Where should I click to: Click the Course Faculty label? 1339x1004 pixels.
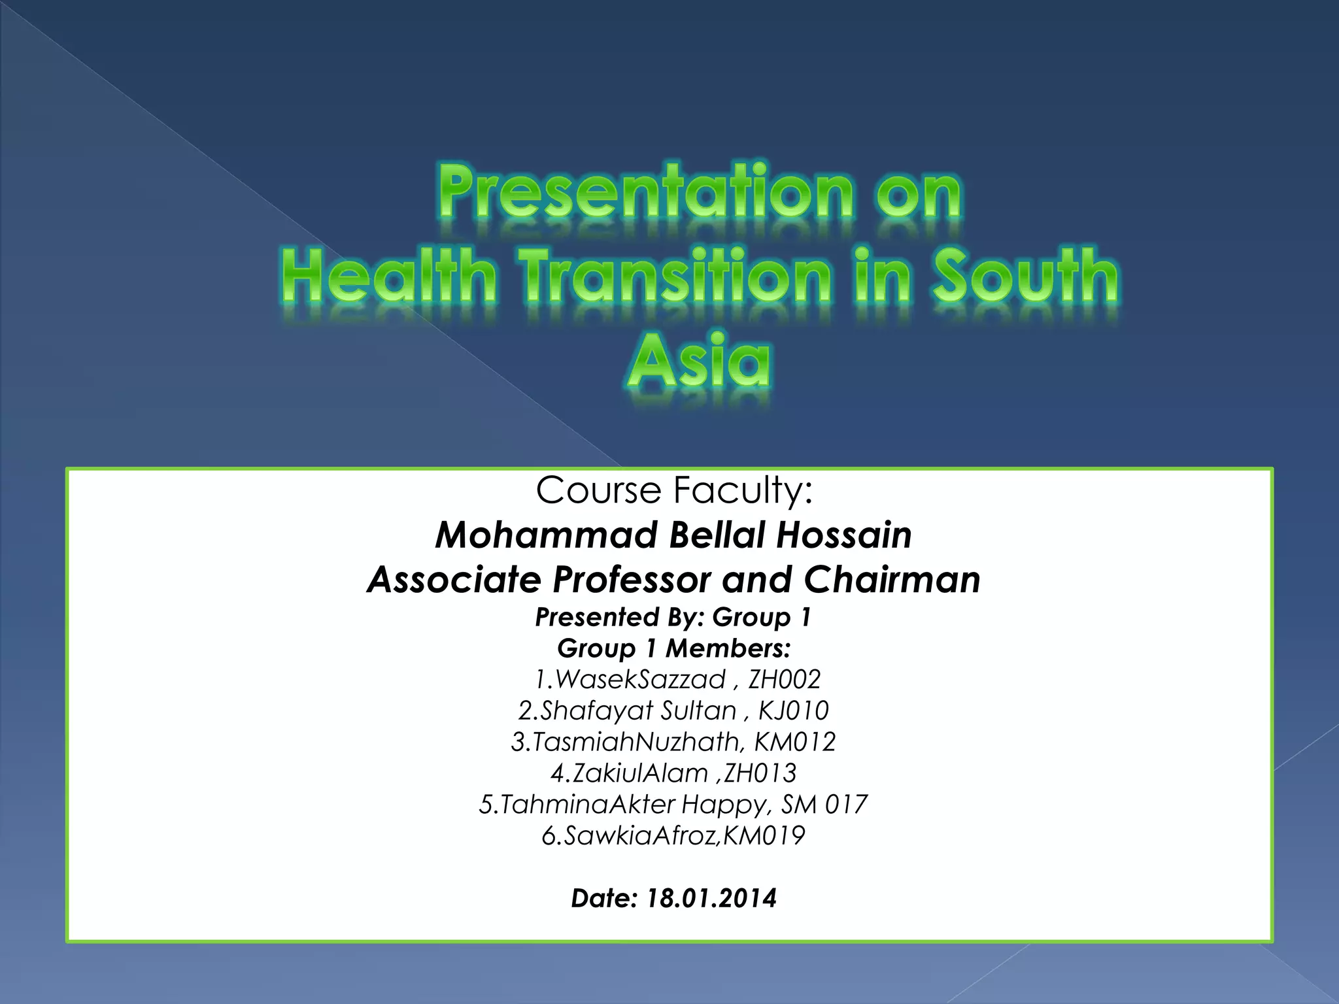click(x=674, y=490)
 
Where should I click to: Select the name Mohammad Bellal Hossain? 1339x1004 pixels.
click(x=673, y=535)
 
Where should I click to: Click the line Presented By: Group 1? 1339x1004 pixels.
click(x=673, y=617)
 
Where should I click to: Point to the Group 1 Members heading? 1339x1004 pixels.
click(x=674, y=648)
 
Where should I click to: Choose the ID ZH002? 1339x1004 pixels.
click(x=784, y=680)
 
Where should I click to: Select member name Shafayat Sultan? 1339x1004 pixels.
click(x=638, y=711)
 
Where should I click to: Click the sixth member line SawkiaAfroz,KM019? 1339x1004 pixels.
click(x=673, y=836)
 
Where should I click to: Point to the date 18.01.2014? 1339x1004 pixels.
click(x=711, y=898)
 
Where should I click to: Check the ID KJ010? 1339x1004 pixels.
click(x=793, y=711)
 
